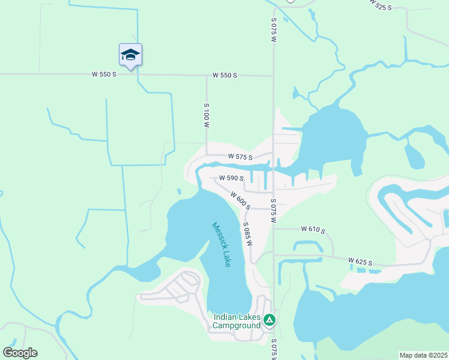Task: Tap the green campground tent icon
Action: click(270, 321)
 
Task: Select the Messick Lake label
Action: click(221, 245)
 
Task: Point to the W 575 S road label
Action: click(240, 156)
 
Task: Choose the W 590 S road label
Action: click(231, 178)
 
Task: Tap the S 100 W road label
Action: click(206, 116)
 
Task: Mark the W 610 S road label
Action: click(313, 229)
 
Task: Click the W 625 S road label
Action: click(361, 262)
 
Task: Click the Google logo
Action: click(20, 353)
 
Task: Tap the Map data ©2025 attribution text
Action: click(423, 355)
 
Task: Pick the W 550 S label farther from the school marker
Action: click(225, 76)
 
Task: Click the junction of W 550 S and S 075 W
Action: click(274, 76)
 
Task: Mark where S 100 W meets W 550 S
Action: click(206, 76)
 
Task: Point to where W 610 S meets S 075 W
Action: click(274, 229)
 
